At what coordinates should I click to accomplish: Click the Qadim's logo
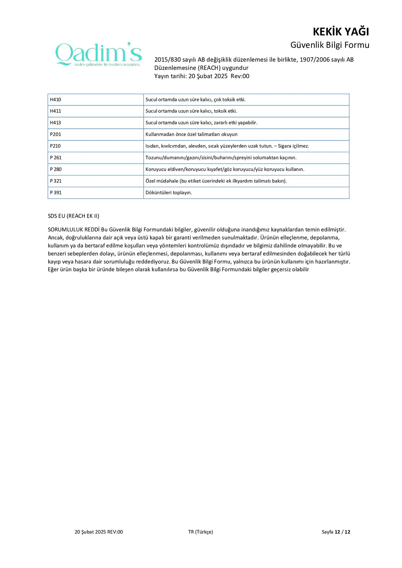[99, 54]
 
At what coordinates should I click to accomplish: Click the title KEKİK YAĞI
[341, 32]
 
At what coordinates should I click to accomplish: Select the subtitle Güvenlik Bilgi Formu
[329, 45]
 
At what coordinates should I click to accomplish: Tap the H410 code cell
[55, 100]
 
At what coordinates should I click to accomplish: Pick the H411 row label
[55, 111]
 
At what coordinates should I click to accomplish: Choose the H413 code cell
[55, 123]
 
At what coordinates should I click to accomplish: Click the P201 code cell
[55, 134]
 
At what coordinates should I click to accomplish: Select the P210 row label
[55, 146]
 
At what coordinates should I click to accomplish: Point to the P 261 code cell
[56, 158]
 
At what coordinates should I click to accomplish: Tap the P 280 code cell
[56, 169]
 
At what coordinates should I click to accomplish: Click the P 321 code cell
[56, 181]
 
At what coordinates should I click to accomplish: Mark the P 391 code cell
[56, 193]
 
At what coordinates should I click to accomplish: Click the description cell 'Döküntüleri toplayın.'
[169, 193]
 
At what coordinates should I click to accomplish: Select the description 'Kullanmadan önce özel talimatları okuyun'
[191, 134]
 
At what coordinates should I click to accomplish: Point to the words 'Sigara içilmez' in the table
[293, 146]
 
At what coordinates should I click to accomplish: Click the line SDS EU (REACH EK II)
[73, 216]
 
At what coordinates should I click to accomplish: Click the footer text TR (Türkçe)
[201, 532]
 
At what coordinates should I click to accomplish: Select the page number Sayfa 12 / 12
[336, 532]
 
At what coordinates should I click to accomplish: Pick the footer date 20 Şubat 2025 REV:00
[99, 532]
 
